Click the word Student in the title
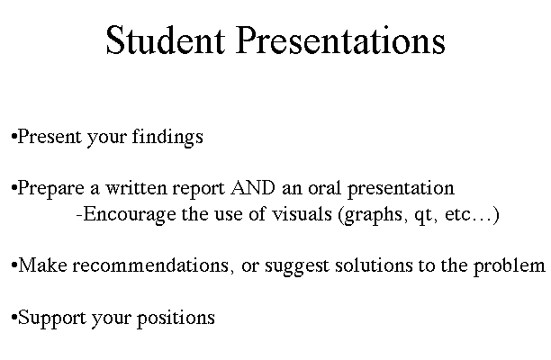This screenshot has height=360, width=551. (165, 40)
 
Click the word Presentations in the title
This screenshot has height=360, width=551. (341, 40)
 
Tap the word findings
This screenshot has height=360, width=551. (167, 136)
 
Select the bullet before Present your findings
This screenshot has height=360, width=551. (14, 136)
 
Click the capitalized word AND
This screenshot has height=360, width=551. (253, 188)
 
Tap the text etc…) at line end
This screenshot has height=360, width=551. (472, 215)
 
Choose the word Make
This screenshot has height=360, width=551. (42, 265)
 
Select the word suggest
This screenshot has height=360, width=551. (297, 266)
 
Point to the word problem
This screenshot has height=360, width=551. (510, 265)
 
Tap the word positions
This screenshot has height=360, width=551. (176, 319)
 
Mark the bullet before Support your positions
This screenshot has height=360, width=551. (14, 318)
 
